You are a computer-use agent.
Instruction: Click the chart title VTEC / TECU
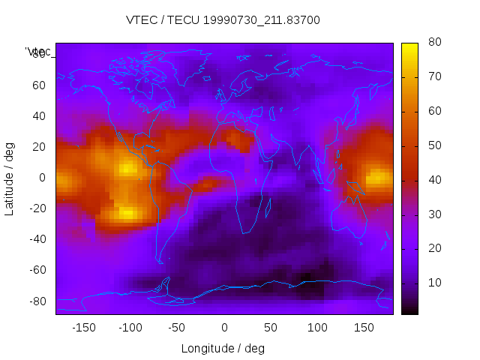[x=223, y=20]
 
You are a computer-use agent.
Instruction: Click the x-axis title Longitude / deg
[x=223, y=349]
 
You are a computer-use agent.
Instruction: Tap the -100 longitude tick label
[x=130, y=328]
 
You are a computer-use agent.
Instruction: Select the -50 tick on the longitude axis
[x=177, y=328]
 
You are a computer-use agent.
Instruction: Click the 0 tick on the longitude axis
[x=224, y=328]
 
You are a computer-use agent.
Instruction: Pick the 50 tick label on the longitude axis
[x=271, y=328]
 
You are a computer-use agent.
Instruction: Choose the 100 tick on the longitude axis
[x=317, y=328]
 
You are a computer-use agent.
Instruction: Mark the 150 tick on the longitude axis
[x=364, y=328]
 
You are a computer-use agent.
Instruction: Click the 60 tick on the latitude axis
[x=39, y=85]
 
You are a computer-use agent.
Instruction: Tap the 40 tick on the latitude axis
[x=39, y=116]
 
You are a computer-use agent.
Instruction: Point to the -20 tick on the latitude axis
[x=36, y=208]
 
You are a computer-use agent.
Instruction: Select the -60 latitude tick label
[x=36, y=270]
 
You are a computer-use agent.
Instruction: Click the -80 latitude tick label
[x=36, y=301]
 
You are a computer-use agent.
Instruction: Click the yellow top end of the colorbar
[x=409, y=46]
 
